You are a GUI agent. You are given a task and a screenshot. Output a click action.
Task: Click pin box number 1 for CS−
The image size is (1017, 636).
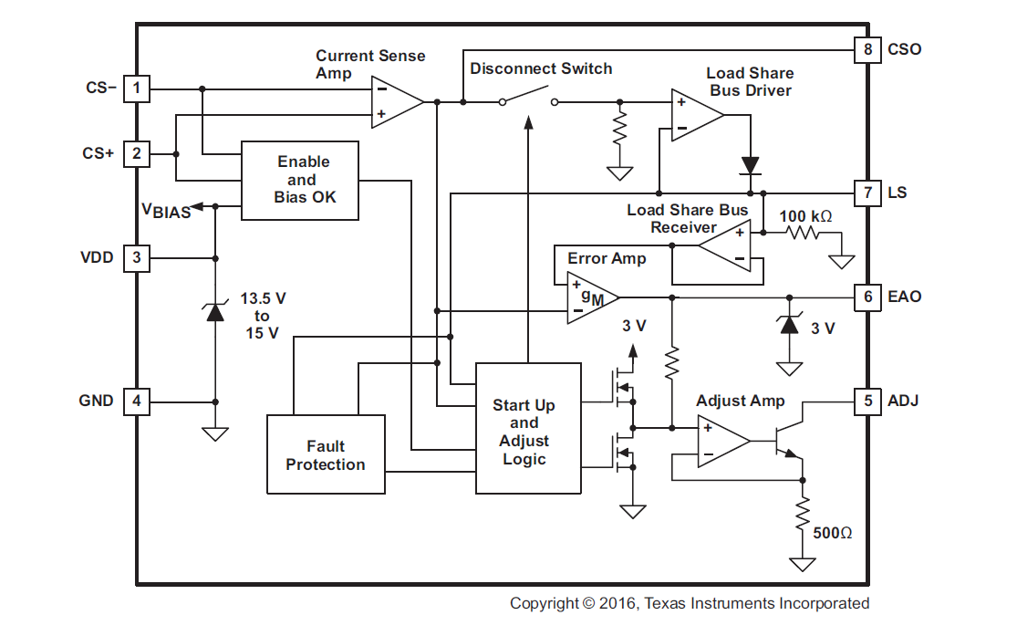[x=137, y=89]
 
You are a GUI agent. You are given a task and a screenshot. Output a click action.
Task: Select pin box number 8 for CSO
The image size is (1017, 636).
[x=867, y=49]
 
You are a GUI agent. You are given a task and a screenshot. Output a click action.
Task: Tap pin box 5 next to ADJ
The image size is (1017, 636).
[x=867, y=400]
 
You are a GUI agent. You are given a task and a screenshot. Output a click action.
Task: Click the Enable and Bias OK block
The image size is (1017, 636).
[x=301, y=180]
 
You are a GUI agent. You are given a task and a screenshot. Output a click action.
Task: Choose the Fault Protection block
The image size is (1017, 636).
[x=325, y=454]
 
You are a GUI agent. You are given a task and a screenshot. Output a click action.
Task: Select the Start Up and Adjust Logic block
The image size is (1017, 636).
[x=528, y=428]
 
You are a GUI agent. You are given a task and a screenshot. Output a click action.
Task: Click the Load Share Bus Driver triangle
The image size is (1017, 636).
[x=695, y=115]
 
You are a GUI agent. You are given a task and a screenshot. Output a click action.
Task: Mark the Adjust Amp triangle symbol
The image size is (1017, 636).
[x=721, y=441]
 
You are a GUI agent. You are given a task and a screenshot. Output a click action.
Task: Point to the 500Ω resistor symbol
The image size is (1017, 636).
[x=803, y=511]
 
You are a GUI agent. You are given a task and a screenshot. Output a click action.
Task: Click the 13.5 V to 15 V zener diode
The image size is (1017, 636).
[x=215, y=312]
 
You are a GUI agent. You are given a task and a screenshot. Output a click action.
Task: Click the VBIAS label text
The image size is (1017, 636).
[x=165, y=210]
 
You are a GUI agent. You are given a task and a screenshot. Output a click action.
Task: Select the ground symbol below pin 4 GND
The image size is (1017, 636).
[x=215, y=433]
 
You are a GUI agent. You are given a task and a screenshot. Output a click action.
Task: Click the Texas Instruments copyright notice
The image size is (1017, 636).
[x=689, y=603]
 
